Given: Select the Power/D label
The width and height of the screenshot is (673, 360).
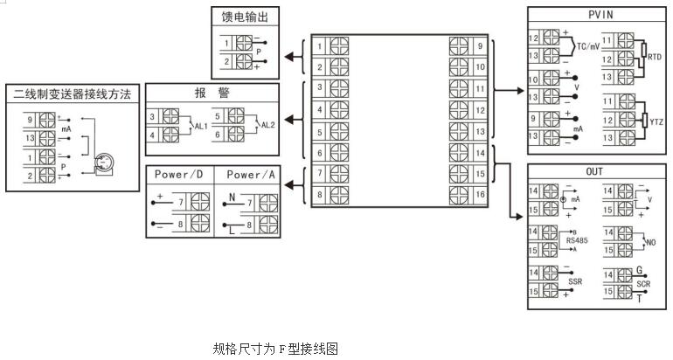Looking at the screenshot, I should tap(178, 175).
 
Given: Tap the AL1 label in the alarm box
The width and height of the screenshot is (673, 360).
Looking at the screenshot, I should tap(201, 126).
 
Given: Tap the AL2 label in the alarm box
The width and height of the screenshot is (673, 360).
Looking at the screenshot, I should tap(268, 126).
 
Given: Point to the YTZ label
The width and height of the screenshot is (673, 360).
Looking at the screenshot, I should tap(655, 120).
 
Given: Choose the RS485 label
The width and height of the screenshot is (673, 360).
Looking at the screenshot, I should tap(575, 238).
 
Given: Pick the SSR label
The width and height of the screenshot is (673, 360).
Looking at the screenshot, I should tap(574, 281).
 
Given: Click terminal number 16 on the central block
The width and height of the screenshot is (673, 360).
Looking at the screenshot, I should tap(480, 193).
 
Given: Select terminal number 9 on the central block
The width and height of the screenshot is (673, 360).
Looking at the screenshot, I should tap(480, 45).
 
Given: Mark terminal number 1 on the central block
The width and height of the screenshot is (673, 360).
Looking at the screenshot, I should tap(321, 45).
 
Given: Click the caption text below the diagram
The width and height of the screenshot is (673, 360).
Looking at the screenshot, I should tap(274, 349).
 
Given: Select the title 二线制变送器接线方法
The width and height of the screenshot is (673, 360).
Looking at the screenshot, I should tap(73, 93).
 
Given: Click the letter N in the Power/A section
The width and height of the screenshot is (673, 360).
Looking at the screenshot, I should tap(231, 196).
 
